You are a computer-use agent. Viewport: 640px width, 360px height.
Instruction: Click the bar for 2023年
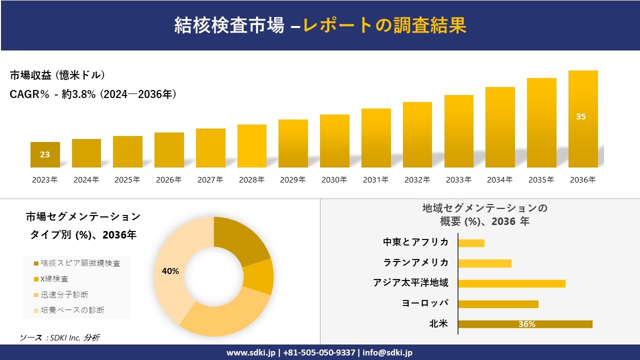pyautogui.click(x=45, y=154)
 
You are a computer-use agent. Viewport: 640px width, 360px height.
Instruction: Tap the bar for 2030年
pyautogui.click(x=334, y=141)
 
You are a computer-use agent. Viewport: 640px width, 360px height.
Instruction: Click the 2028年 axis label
pyautogui.click(x=251, y=180)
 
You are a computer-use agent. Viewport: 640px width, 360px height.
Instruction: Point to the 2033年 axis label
pyautogui.click(x=458, y=180)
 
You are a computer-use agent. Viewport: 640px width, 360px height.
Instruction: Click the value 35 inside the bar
pyautogui.click(x=580, y=116)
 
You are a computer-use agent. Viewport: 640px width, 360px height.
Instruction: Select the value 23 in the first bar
pyautogui.click(x=45, y=154)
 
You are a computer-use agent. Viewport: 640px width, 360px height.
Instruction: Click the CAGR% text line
pyautogui.click(x=93, y=94)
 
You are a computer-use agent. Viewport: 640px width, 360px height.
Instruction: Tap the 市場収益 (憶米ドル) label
pyautogui.click(x=57, y=75)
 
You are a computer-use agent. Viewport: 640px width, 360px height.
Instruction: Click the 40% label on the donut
pyautogui.click(x=170, y=271)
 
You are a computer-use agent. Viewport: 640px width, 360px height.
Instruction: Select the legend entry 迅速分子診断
pyautogui.click(x=64, y=294)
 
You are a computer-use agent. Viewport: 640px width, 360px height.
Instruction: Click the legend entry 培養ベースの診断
pyautogui.click(x=72, y=310)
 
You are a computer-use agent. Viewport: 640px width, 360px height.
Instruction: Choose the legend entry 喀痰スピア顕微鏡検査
pyautogui.click(x=80, y=263)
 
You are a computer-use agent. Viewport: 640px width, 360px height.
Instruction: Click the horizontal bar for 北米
pyautogui.click(x=525, y=324)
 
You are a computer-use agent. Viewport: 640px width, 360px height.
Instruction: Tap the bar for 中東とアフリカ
pyautogui.click(x=471, y=243)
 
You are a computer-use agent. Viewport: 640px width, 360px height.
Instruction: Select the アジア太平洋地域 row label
pyautogui.click(x=410, y=283)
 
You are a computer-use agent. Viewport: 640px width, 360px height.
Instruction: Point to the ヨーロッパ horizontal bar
pyautogui.click(x=498, y=304)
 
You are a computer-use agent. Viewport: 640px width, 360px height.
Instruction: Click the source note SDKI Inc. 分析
pyautogui.click(x=60, y=338)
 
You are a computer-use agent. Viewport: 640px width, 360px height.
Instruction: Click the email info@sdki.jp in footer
pyautogui.click(x=387, y=352)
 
